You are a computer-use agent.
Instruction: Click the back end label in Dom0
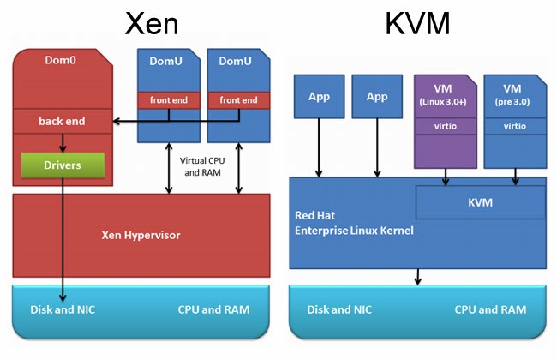[62, 122]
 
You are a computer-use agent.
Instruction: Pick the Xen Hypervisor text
[141, 233]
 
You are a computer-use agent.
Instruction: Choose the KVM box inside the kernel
[481, 201]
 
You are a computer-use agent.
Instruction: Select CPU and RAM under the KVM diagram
[488, 309]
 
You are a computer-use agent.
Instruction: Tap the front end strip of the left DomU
[169, 100]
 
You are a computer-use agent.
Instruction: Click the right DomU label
[236, 61]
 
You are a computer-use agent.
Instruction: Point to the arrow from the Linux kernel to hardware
[418, 275]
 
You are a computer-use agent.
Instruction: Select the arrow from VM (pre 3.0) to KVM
[514, 176]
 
